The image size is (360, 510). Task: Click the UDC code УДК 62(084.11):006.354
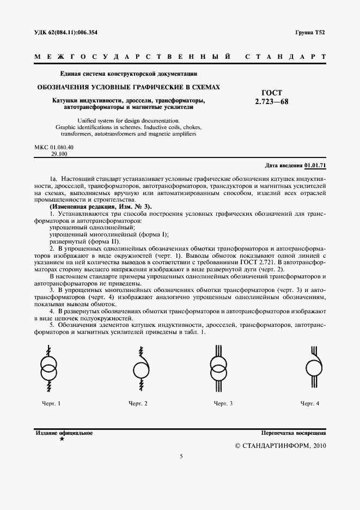66,33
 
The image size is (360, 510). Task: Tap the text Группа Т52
311,33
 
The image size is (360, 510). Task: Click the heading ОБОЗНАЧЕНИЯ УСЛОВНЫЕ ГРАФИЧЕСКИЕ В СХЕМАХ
129,87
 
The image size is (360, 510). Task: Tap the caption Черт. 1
51,403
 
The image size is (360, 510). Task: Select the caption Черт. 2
138,403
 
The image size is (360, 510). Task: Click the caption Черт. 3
223,403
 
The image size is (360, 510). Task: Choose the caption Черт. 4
310,403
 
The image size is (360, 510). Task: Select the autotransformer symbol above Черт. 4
314,367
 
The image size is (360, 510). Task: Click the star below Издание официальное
62,439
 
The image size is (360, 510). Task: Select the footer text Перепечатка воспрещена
294,433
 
